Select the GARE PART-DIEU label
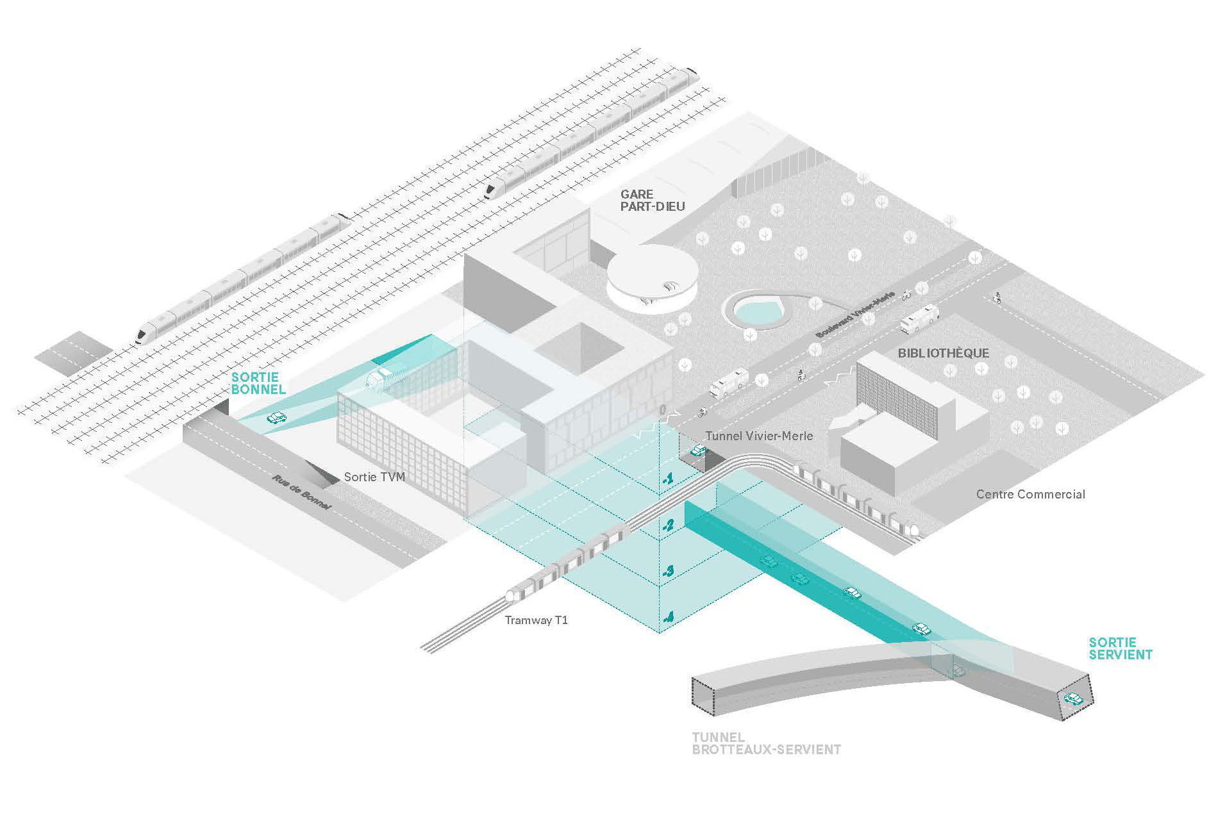[x=652, y=200]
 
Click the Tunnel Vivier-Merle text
[x=759, y=436]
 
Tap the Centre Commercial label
[x=1030, y=494]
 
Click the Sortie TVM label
[x=374, y=477]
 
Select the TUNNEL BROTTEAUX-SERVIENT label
[x=766, y=743]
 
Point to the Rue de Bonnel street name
[x=301, y=492]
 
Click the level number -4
[x=668, y=617]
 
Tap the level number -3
[x=668, y=570]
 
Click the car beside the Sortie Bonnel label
[x=276, y=418]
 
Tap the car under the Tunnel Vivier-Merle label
[x=697, y=450]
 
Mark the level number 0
[x=664, y=409]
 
